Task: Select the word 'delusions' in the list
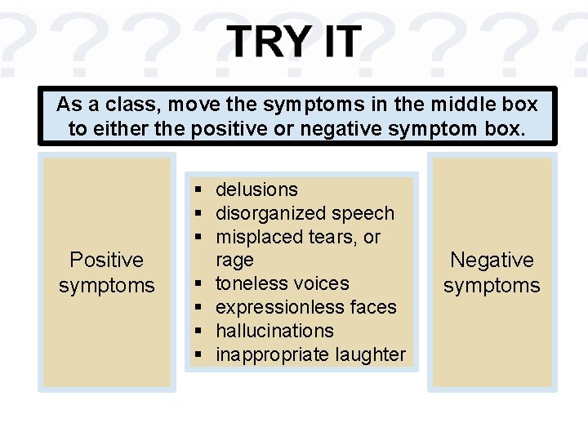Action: [256, 189]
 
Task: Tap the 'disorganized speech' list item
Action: [305, 213]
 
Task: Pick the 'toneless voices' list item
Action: [282, 283]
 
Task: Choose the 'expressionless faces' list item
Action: [305, 307]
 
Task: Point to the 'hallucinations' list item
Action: [274, 331]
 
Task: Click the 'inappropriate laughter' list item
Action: [310, 354]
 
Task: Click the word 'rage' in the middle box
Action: [234, 261]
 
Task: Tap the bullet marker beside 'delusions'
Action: [198, 190]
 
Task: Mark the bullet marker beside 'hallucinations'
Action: [198, 332]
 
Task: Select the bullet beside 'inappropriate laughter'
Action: [198, 355]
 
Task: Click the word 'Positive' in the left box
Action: [106, 260]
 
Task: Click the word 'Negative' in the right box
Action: [492, 260]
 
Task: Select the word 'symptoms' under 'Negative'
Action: [492, 285]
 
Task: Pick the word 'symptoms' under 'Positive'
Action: [106, 285]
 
